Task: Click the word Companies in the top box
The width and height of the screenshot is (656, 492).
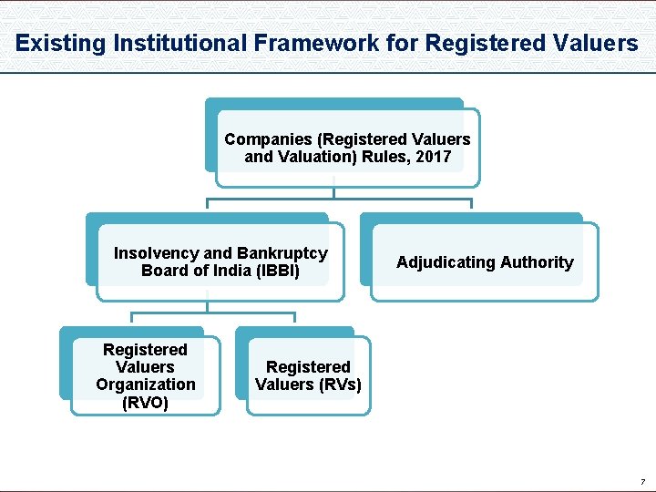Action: pos(268,139)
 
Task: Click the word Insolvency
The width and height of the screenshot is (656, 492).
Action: pos(156,253)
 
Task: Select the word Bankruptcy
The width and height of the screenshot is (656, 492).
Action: pos(282,253)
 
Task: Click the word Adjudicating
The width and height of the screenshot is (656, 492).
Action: pos(446,262)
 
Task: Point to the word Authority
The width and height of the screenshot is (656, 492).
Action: pos(537,262)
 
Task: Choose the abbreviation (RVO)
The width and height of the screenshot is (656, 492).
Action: pos(145,402)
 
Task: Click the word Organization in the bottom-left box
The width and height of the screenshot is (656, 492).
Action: pos(145,384)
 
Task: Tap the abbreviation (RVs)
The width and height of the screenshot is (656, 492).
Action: pos(341,384)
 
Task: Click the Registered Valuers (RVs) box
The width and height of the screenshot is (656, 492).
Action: pos(308,376)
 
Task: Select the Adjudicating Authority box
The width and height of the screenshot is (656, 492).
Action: pos(485,262)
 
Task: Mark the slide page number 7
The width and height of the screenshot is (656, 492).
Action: pos(641,481)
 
